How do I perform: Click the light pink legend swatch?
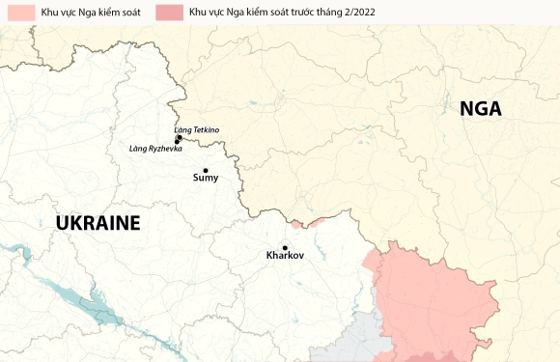point(18,11)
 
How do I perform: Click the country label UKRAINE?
point(98,224)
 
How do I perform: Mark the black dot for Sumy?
point(206,170)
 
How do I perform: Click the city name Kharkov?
point(284,256)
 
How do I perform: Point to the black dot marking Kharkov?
point(285,247)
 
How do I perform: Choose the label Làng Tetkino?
point(196,129)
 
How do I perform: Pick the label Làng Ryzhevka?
point(155,149)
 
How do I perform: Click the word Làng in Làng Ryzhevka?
point(138,149)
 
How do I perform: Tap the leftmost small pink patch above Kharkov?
point(296,225)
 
